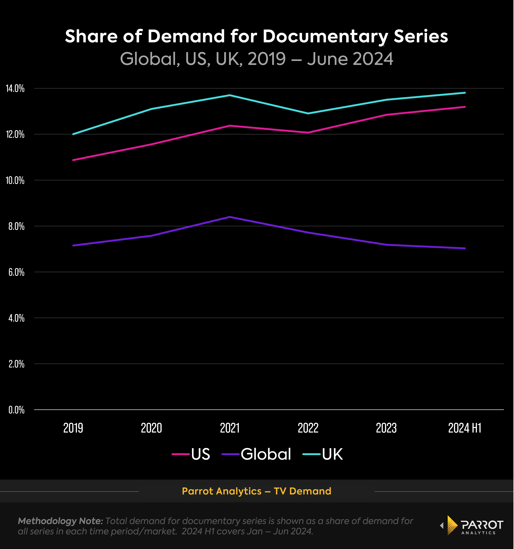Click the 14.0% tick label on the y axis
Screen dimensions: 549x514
15,89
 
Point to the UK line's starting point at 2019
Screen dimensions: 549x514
73,134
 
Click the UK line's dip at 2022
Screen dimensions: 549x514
308,113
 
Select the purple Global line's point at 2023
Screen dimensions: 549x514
386,245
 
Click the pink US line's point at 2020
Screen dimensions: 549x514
152,144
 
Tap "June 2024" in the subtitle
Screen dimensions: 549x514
350,59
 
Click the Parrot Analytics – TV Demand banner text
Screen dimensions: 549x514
257,491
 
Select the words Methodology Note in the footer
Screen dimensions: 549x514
60,521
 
